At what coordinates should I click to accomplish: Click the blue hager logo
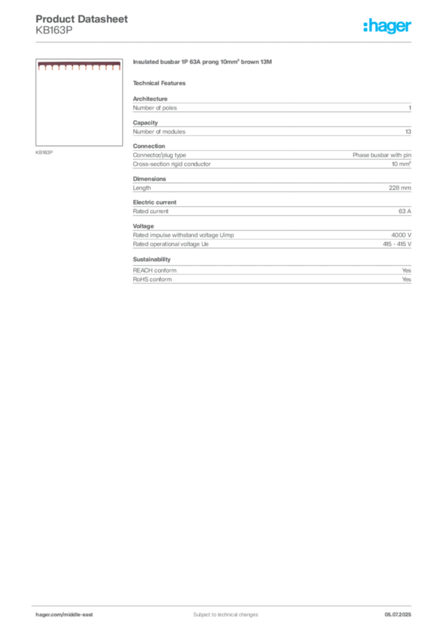point(388,26)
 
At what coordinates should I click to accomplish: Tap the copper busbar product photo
point(79,66)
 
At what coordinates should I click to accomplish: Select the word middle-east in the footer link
point(79,614)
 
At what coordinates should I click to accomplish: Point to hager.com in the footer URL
point(49,614)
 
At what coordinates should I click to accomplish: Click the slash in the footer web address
point(63,614)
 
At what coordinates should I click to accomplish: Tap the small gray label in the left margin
point(44,152)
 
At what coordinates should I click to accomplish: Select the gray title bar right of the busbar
point(203,63)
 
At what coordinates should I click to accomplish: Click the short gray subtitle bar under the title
point(162,83)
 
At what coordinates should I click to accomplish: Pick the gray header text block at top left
point(83,23)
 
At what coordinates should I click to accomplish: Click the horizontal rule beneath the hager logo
point(225,42)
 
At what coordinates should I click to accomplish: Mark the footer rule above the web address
point(225,606)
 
